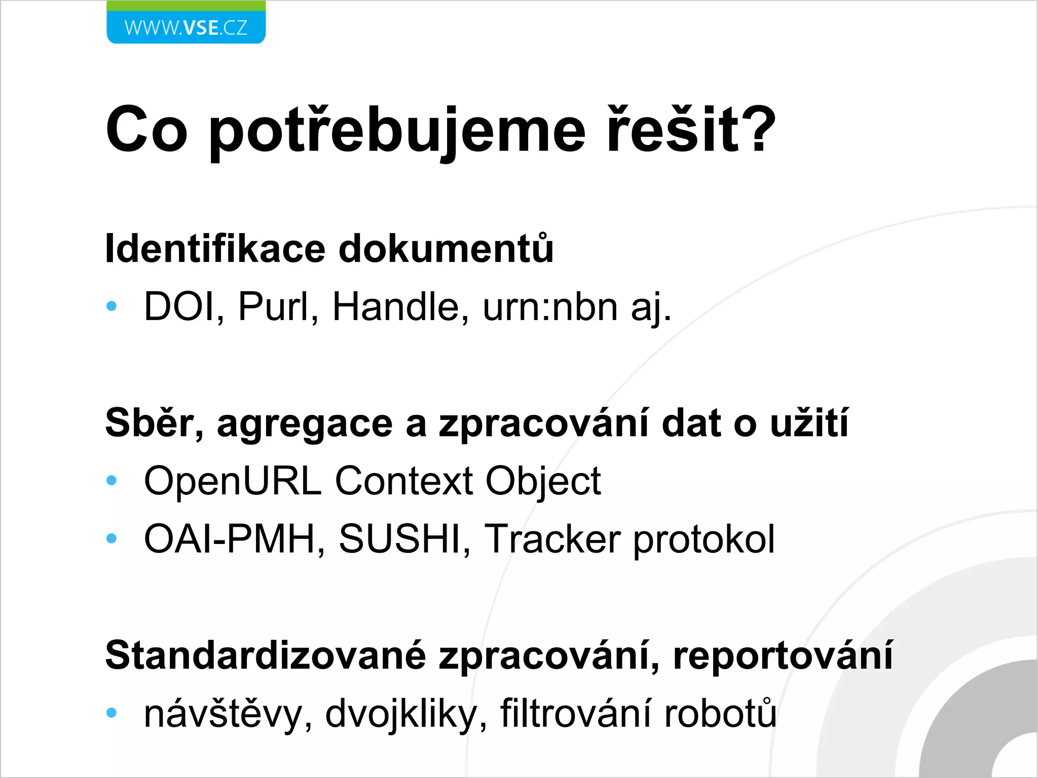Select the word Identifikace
(x=215, y=249)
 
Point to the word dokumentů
(x=446, y=249)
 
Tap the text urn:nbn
(x=550, y=307)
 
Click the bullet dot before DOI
(x=112, y=306)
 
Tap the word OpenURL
(x=233, y=481)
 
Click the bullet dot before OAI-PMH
(x=112, y=538)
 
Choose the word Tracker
(x=552, y=539)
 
